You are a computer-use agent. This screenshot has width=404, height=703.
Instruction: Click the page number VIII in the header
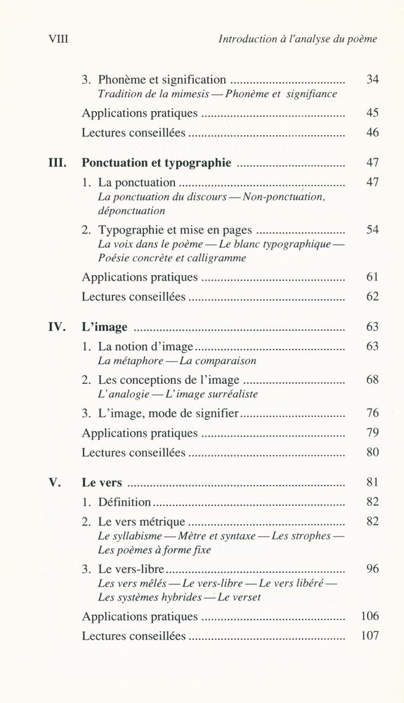tap(58, 39)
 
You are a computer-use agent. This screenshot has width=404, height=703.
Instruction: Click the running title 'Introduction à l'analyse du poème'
tap(298, 39)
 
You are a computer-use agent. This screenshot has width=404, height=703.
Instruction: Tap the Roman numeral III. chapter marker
tap(57, 163)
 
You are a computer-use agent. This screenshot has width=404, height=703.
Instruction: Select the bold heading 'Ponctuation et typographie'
tap(156, 163)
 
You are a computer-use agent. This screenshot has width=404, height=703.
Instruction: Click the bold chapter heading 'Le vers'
tap(102, 483)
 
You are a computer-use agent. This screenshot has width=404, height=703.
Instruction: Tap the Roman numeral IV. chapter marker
tap(56, 327)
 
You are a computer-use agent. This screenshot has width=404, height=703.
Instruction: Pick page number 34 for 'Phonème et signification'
tap(372, 79)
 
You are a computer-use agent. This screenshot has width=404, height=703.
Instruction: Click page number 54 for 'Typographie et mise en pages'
tap(372, 230)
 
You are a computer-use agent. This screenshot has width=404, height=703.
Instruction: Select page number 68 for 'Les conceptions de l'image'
tap(372, 380)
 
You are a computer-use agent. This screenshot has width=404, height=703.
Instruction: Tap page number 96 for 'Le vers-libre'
tap(372, 569)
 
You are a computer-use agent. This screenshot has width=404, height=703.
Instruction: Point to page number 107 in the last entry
tap(370, 636)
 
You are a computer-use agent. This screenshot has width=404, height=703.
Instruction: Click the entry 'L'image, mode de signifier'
tap(169, 413)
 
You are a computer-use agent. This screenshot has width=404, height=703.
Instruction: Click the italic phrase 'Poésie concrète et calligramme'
tap(172, 258)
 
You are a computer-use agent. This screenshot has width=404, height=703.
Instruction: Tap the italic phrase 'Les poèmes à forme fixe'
tap(154, 550)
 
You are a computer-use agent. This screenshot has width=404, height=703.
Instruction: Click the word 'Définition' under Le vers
tap(124, 502)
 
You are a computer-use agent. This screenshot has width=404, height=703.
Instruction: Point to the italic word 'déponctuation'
tap(131, 210)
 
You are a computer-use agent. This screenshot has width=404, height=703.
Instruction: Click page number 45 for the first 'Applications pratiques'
tap(372, 112)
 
